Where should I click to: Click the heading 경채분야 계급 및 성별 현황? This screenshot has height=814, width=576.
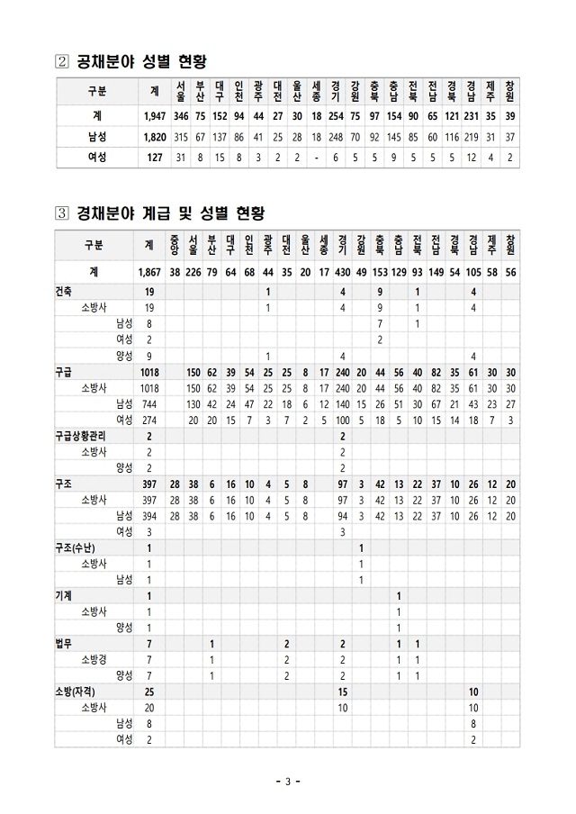170,213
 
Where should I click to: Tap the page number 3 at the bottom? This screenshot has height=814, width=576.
287,781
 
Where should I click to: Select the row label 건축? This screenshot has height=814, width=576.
65,292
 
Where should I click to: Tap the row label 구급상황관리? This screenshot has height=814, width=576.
82,436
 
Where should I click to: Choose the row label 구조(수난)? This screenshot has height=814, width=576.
76,547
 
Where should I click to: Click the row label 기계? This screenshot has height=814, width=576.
64,595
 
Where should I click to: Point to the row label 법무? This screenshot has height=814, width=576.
64,644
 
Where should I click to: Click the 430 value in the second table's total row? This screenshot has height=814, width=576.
343,272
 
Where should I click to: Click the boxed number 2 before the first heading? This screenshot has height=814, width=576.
63,62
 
